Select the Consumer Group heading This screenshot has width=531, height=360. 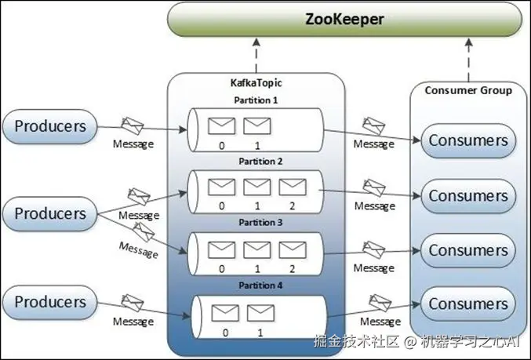pos(468,90)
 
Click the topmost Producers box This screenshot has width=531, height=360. pos(50,125)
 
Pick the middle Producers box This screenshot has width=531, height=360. pos(50,213)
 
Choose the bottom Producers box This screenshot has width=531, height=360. pos(50,302)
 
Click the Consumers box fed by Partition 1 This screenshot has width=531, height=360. pos(468,141)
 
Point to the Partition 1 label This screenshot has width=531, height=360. pos(256,100)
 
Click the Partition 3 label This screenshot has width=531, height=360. pos(256,223)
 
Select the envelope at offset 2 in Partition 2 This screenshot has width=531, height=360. pos(292,187)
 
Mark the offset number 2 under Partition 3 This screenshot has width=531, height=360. pos(292,268)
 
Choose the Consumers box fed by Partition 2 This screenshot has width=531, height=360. pos(468,195)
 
